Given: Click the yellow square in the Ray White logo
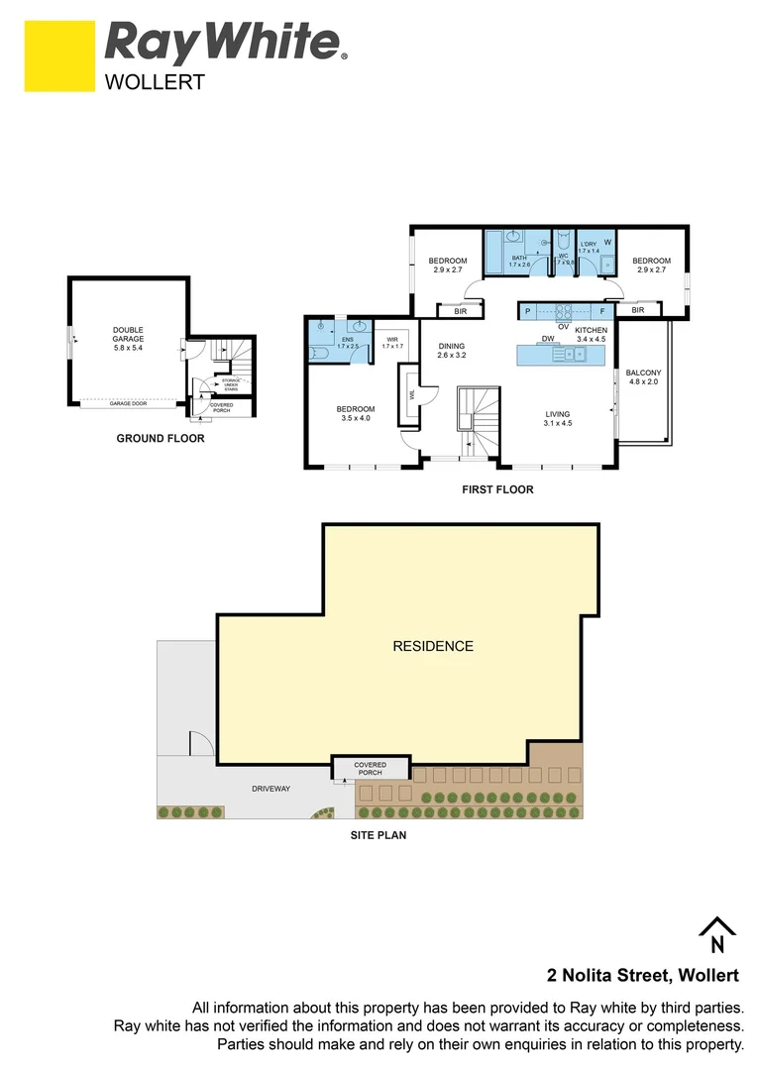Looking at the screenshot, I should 59,56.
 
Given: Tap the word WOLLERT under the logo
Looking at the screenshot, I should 155,82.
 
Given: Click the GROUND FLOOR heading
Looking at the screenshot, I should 161,438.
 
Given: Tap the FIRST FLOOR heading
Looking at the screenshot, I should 497,488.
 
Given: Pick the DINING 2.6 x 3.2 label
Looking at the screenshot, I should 451,350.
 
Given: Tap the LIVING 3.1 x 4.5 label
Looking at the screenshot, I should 559,419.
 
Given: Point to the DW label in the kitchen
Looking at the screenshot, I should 547,338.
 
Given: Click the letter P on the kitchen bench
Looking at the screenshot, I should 527,311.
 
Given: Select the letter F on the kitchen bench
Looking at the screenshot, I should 601,311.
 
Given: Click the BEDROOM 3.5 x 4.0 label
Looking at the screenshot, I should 355,414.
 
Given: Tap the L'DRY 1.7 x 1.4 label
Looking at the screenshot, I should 590,247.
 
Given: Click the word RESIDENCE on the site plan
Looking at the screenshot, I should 433,646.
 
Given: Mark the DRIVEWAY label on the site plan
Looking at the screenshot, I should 270,789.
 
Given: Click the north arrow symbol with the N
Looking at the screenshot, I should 717,932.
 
